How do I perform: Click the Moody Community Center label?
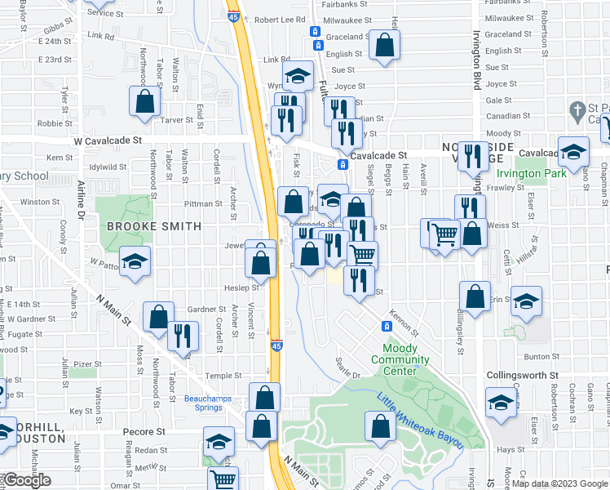point(400,360)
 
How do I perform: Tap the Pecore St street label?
point(144,431)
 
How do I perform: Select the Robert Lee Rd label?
point(280,20)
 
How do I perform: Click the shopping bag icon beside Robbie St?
point(144,102)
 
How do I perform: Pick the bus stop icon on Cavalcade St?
point(343,165)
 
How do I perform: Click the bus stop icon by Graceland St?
point(315,31)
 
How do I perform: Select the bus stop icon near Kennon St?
point(387,326)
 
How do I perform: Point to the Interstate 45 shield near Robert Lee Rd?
point(233,17)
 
